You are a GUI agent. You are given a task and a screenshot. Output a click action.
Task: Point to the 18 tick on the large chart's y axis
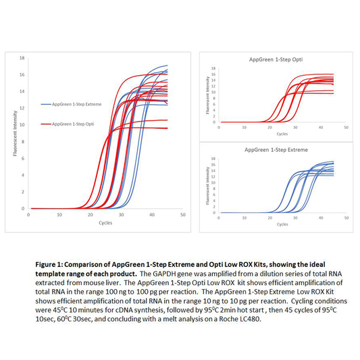[x=22, y=57]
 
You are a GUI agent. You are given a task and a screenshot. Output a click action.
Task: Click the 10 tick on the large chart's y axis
[x=22, y=124]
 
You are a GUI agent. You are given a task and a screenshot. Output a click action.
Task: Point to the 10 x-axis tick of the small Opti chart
[x=245, y=128]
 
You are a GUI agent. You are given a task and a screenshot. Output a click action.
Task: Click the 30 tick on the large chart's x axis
[x=122, y=215]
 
